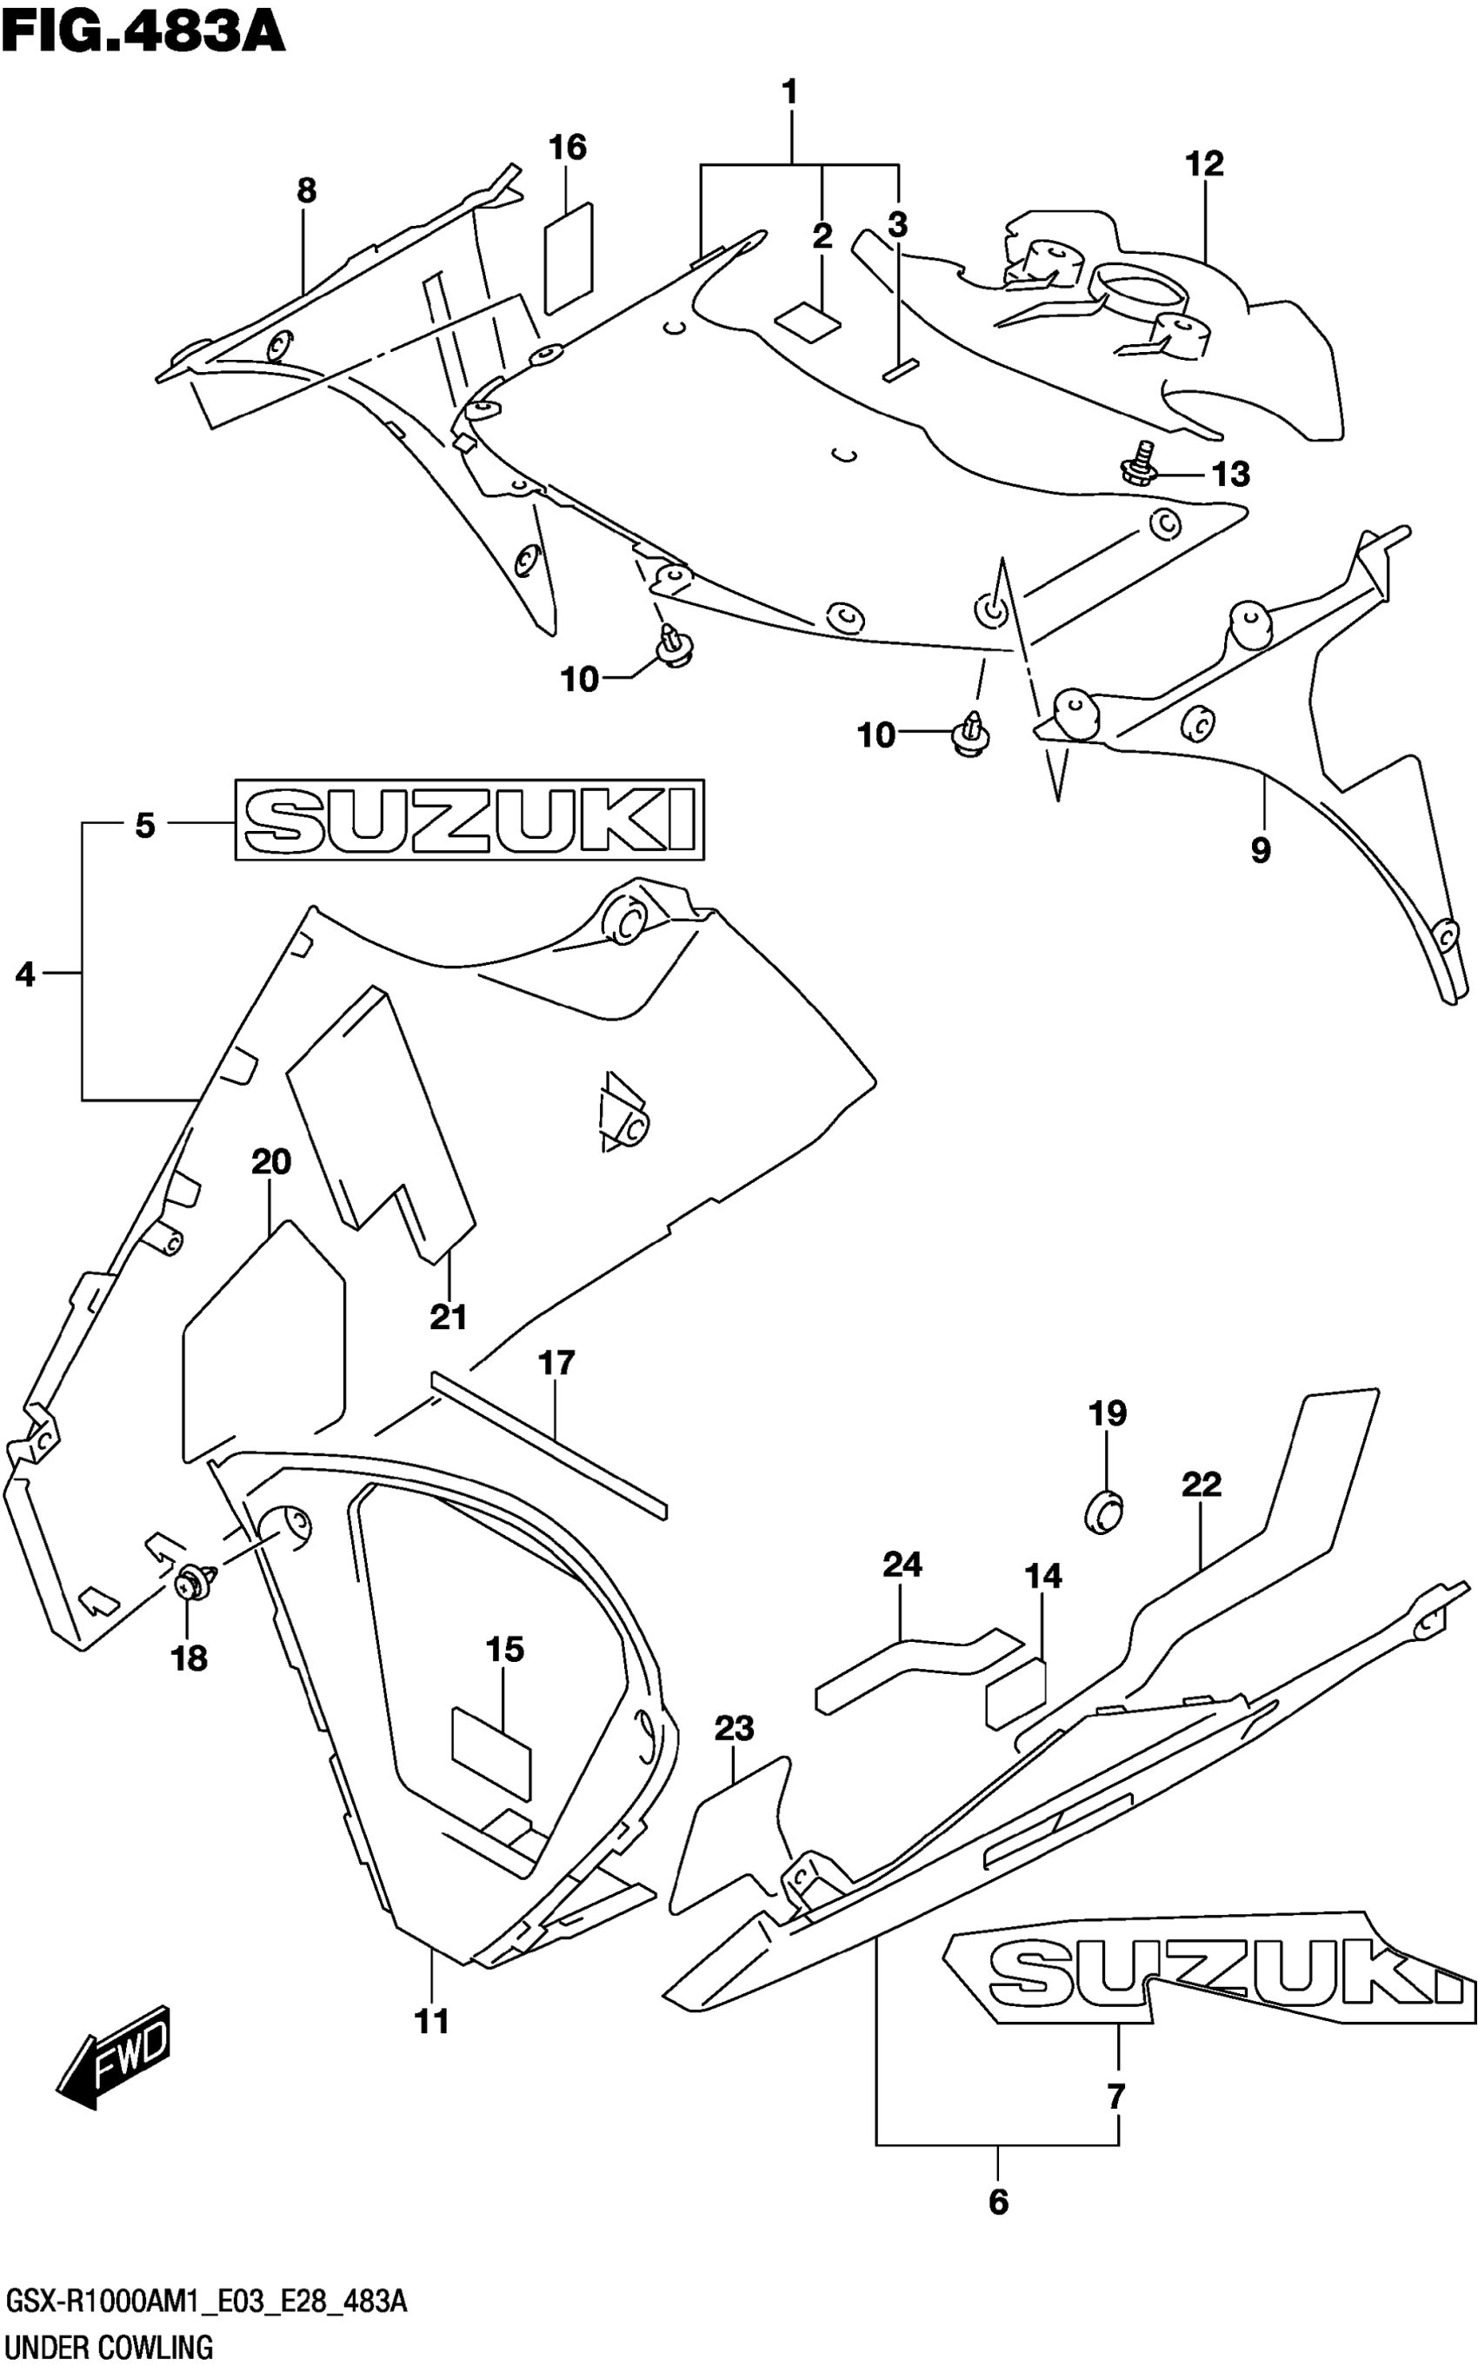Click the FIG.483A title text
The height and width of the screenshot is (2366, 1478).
(x=143, y=31)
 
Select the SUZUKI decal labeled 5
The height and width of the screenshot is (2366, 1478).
(x=469, y=819)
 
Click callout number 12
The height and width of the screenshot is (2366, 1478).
(x=1204, y=164)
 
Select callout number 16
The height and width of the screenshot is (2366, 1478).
(x=567, y=149)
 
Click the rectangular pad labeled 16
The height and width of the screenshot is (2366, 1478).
(x=568, y=257)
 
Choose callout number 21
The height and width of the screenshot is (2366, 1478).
(x=449, y=1318)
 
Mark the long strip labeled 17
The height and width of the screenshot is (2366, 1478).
(x=548, y=1439)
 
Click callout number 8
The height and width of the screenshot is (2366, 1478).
(x=307, y=190)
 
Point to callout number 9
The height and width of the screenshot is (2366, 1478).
(x=1261, y=850)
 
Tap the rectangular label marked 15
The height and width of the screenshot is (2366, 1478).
(x=490, y=1752)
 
